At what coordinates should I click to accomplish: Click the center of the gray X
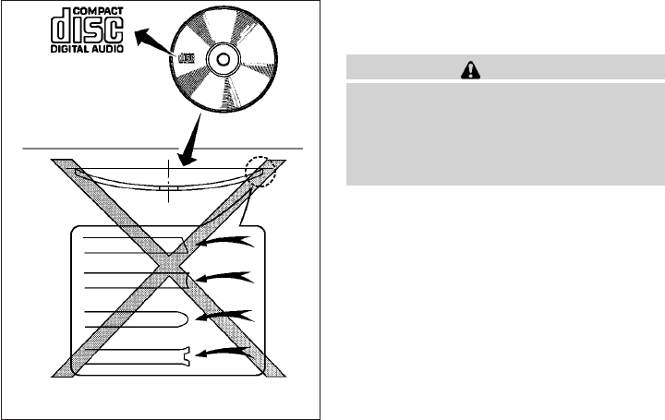point(170,269)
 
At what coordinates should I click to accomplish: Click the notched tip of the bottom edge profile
point(187,354)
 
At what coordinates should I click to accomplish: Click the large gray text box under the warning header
point(504,133)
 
